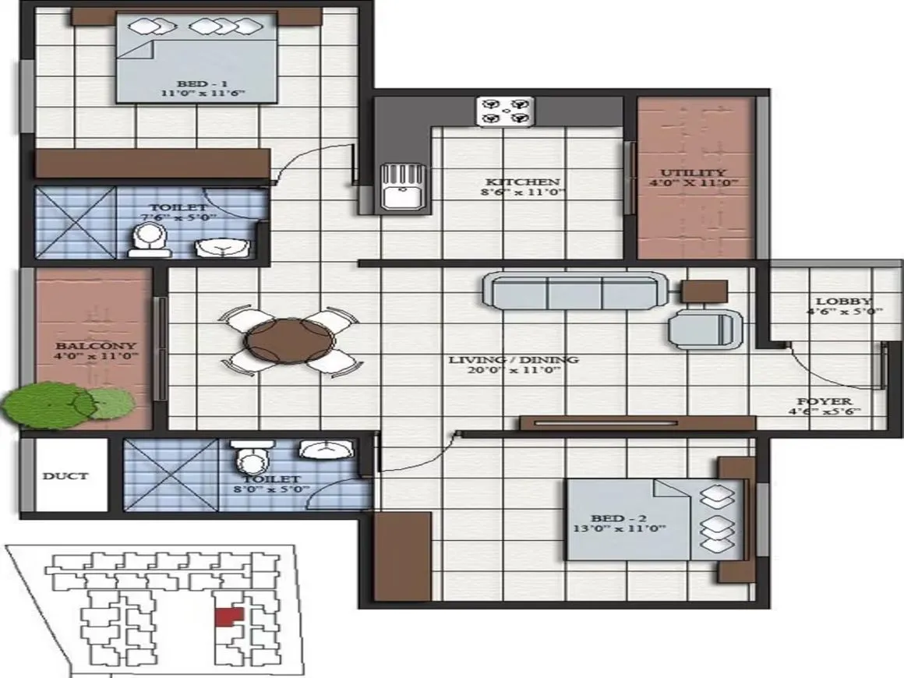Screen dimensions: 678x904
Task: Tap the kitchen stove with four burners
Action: [x=506, y=111]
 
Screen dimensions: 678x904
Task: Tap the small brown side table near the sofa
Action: [x=704, y=291]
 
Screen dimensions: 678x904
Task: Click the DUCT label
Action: [x=65, y=475]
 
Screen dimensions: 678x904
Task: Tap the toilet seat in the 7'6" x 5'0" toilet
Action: [x=146, y=240]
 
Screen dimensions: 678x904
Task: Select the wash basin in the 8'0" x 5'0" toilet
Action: [x=325, y=453]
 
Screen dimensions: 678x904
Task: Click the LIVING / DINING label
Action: [x=513, y=360]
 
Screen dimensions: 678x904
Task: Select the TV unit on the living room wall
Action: [x=637, y=422]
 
